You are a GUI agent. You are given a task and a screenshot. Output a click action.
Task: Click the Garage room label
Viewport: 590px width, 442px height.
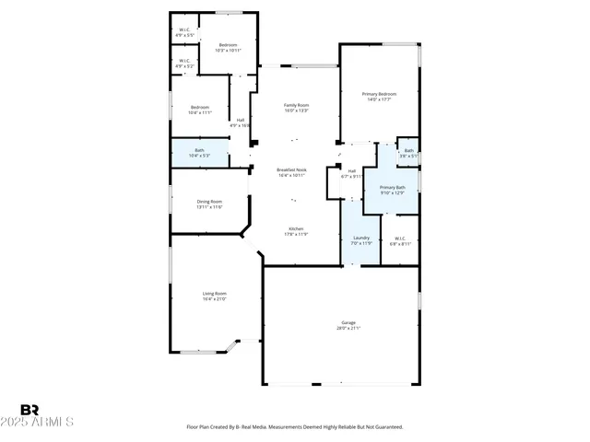(348, 322)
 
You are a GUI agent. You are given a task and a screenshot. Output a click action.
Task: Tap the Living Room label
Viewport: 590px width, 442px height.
(214, 294)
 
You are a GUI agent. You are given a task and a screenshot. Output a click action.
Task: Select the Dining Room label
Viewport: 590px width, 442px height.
(209, 202)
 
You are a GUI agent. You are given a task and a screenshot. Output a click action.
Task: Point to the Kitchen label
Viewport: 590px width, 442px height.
(296, 229)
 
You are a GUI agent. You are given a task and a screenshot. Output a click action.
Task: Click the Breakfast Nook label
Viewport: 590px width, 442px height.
(292, 169)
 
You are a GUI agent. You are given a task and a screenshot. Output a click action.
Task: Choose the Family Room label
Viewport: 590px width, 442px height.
(296, 106)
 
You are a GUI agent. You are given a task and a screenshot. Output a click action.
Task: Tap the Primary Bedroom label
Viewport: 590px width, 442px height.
(379, 94)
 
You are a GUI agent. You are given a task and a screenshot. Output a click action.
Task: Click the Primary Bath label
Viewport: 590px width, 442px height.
(393, 188)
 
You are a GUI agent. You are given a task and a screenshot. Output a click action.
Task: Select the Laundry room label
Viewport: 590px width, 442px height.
(361, 238)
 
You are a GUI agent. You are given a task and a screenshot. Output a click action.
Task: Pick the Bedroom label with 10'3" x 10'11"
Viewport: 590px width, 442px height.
(227, 45)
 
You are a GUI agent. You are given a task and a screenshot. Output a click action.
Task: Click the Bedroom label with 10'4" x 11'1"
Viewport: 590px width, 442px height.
(200, 108)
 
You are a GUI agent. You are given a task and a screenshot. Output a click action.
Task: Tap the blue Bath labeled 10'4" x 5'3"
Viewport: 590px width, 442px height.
(199, 151)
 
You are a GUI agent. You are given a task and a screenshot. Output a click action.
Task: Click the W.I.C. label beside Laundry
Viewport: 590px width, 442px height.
(399, 239)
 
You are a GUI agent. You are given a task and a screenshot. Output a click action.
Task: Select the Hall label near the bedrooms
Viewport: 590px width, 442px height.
(241, 121)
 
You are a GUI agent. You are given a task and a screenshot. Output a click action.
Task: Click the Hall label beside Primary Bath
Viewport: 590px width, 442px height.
(352, 170)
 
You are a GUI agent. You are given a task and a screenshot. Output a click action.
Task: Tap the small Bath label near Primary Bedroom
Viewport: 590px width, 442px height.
(408, 151)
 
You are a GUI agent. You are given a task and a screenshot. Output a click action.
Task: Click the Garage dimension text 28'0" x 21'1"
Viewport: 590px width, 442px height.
(348, 328)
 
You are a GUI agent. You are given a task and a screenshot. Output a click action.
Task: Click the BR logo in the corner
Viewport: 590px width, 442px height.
(29, 410)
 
